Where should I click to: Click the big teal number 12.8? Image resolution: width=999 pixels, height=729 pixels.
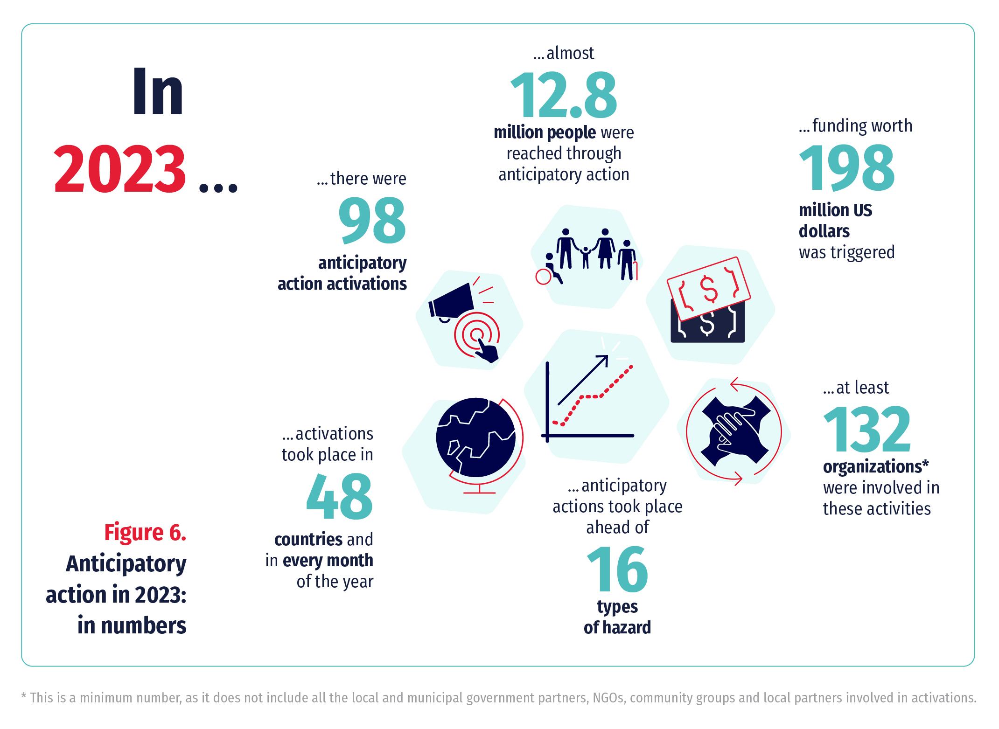tap(564, 95)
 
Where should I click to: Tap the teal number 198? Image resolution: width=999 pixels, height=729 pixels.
tap(847, 168)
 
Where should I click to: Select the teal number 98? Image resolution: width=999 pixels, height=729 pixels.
tap(372, 221)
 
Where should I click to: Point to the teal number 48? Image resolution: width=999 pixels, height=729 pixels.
tap(339, 496)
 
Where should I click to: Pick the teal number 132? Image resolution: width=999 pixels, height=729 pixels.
tap(867, 429)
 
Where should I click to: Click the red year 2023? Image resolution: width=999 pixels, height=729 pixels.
tap(120, 169)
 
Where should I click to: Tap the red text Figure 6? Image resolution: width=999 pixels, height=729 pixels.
tap(145, 532)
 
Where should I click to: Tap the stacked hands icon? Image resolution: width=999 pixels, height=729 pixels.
tap(736, 430)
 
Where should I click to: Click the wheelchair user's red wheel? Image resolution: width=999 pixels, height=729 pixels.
tap(544, 277)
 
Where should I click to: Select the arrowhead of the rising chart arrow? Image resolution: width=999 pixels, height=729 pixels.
tap(603, 360)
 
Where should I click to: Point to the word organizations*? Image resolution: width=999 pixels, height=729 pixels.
tap(876, 467)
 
